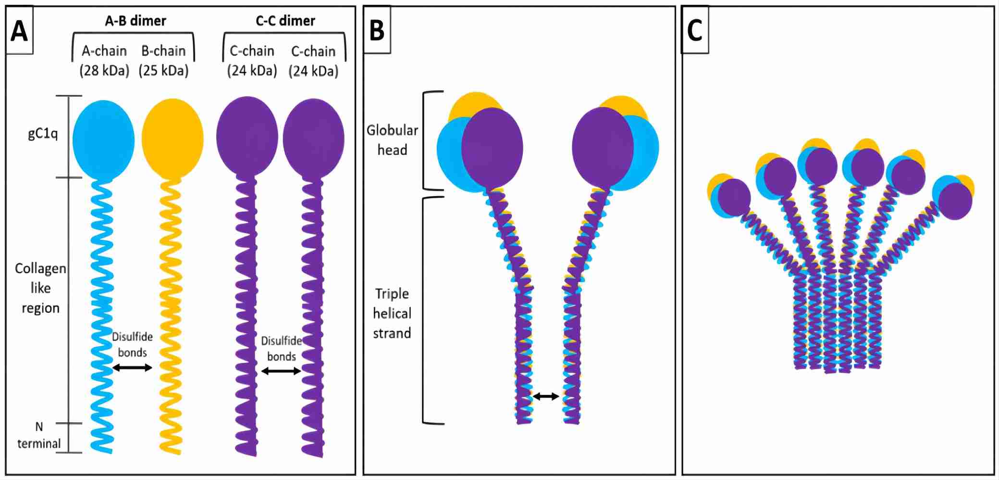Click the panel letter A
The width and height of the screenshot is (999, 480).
[19, 31]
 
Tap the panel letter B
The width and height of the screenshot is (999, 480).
[377, 30]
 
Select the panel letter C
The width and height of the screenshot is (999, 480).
[695, 30]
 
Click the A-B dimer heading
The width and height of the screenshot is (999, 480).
[136, 21]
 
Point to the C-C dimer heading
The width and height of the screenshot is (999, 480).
[285, 21]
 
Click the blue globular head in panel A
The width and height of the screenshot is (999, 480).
[103, 139]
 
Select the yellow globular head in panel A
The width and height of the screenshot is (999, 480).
[173, 139]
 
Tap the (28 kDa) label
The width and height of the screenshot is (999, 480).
[104, 71]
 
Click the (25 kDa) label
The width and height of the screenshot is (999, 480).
[163, 71]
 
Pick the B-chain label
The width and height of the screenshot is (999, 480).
[163, 51]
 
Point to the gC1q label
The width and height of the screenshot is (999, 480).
[43, 133]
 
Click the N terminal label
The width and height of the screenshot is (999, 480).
[39, 435]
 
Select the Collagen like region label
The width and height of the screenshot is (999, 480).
[40, 288]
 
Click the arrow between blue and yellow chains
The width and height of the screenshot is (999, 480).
[132, 368]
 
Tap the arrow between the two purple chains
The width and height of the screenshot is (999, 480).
[281, 371]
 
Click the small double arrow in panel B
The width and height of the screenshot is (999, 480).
[546, 396]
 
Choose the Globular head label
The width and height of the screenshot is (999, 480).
[392, 140]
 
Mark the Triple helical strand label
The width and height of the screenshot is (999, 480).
[392, 313]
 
